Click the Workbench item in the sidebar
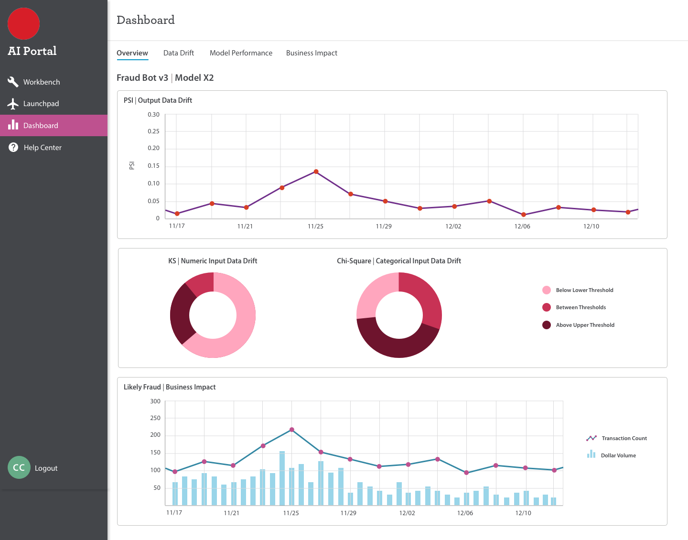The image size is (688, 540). (x=41, y=82)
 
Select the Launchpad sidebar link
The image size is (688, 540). (x=41, y=104)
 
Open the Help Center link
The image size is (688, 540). (x=42, y=148)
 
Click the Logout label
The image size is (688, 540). (x=46, y=468)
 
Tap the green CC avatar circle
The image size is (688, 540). (x=19, y=467)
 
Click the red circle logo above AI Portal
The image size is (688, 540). (x=24, y=24)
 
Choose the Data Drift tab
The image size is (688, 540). (x=179, y=53)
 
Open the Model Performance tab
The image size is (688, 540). (x=241, y=53)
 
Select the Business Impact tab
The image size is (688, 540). (x=312, y=53)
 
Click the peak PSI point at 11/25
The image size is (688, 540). (x=316, y=172)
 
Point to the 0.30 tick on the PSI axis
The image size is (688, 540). (x=153, y=115)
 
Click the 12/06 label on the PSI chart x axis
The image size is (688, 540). (x=522, y=227)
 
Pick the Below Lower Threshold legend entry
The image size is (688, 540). (x=584, y=290)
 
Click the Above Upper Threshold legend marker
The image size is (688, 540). (x=547, y=325)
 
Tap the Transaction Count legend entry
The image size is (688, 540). (x=623, y=438)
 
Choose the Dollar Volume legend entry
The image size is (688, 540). (x=618, y=455)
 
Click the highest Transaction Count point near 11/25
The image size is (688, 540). (x=292, y=430)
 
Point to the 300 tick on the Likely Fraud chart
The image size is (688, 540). (x=155, y=401)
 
